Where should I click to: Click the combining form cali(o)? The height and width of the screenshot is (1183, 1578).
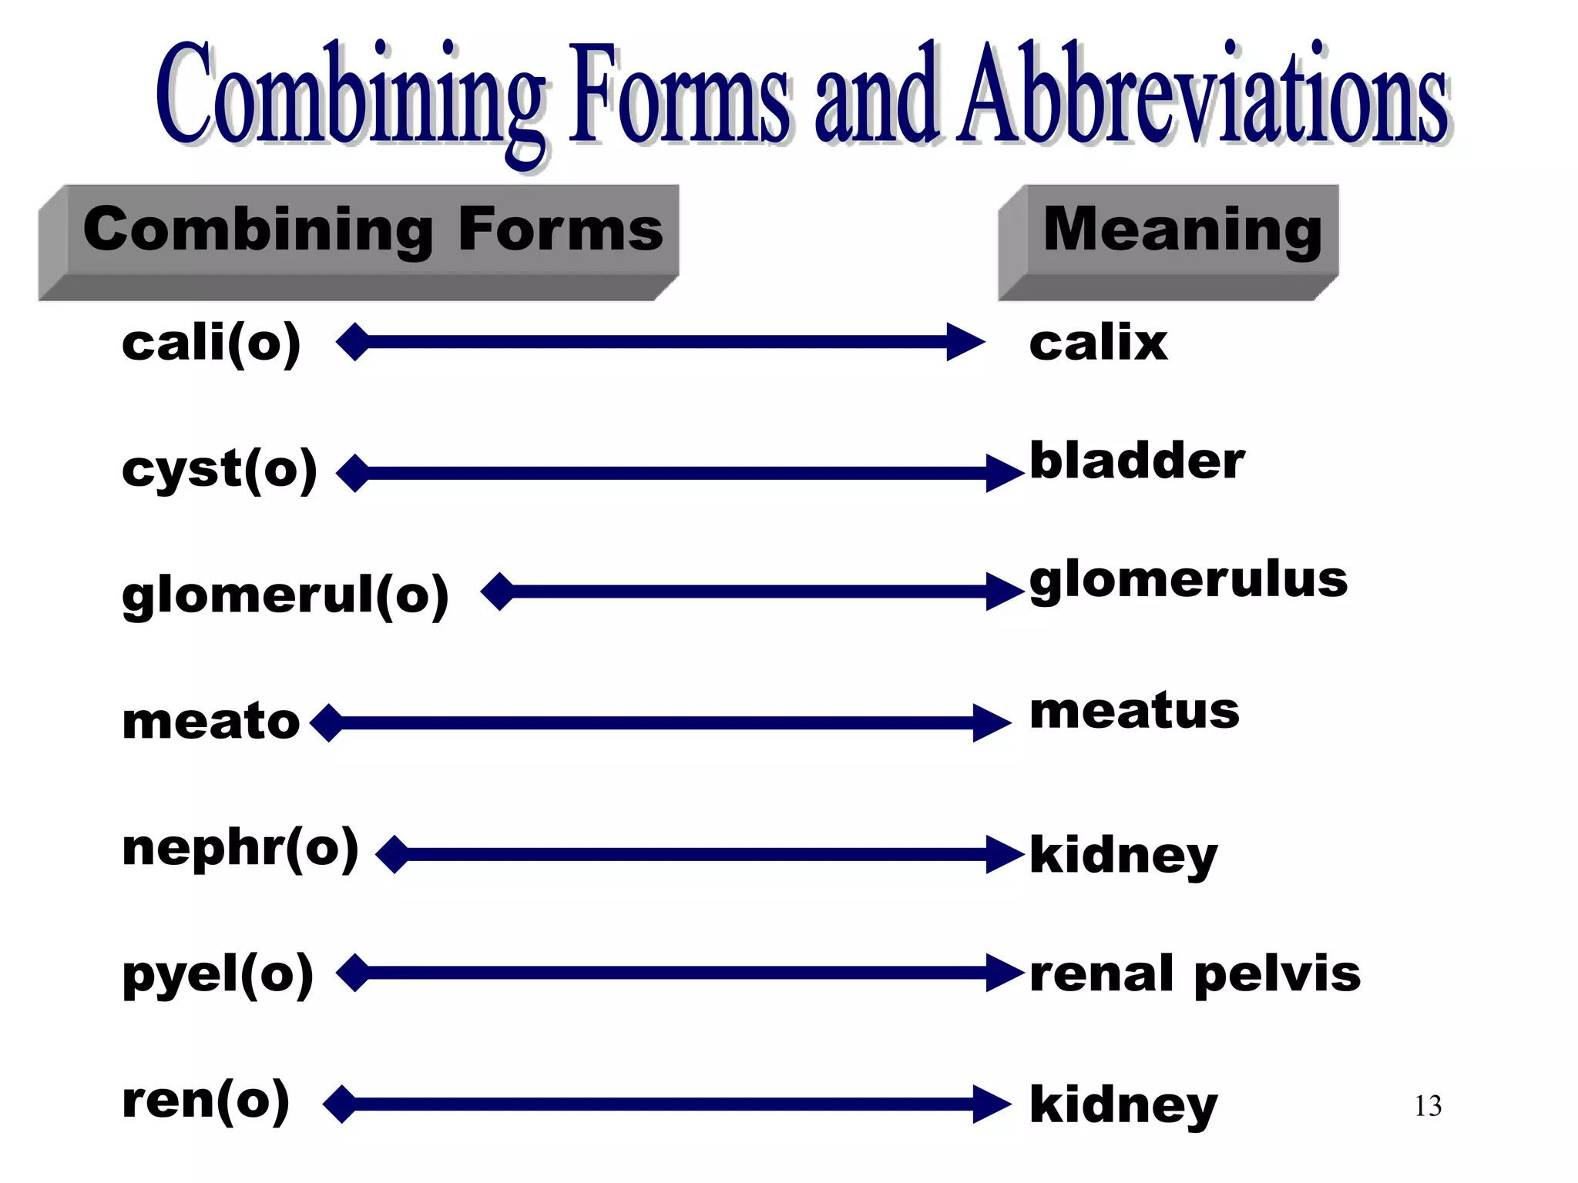click(x=211, y=344)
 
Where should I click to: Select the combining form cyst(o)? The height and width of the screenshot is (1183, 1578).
click(x=220, y=470)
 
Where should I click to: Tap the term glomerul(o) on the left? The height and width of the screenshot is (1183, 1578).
click(x=285, y=595)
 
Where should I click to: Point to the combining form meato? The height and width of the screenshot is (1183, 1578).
click(x=211, y=722)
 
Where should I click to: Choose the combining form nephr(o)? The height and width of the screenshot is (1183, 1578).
click(x=240, y=848)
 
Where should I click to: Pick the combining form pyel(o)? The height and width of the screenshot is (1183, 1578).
click(x=218, y=974)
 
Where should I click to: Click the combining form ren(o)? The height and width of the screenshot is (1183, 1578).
click(x=206, y=1101)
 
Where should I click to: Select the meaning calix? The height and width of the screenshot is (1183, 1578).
click(x=1098, y=344)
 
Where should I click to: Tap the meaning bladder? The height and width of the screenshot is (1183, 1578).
click(x=1136, y=461)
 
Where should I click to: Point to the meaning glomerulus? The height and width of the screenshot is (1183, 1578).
click(x=1188, y=581)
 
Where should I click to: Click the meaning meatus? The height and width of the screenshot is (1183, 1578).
click(x=1134, y=712)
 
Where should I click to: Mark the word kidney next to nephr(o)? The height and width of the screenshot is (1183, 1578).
click(x=1123, y=856)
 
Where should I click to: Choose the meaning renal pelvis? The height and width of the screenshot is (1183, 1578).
click(x=1195, y=974)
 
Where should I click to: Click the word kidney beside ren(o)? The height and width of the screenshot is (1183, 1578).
click(x=1123, y=1105)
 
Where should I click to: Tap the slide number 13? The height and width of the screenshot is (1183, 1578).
click(x=1428, y=1107)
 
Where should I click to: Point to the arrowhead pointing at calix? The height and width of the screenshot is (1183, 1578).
click(x=965, y=342)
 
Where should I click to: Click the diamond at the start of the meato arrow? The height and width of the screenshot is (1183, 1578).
click(x=329, y=722)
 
